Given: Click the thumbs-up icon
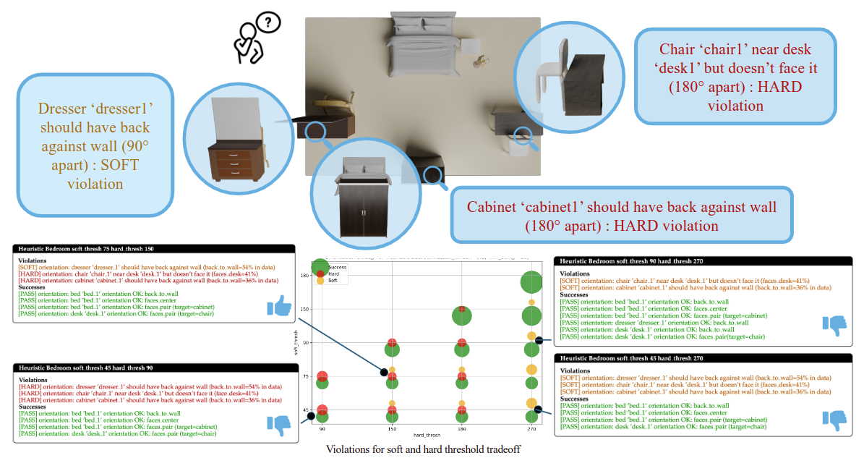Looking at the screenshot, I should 279,308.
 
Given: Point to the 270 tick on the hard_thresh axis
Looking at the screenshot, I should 531,428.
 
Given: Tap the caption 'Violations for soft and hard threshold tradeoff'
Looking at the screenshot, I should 423,449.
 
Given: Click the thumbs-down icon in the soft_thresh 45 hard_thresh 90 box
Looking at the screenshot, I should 279,425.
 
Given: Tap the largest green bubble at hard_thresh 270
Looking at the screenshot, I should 532,283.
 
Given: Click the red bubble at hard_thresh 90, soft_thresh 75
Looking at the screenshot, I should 322,376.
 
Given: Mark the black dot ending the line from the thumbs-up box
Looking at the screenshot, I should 384,372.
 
